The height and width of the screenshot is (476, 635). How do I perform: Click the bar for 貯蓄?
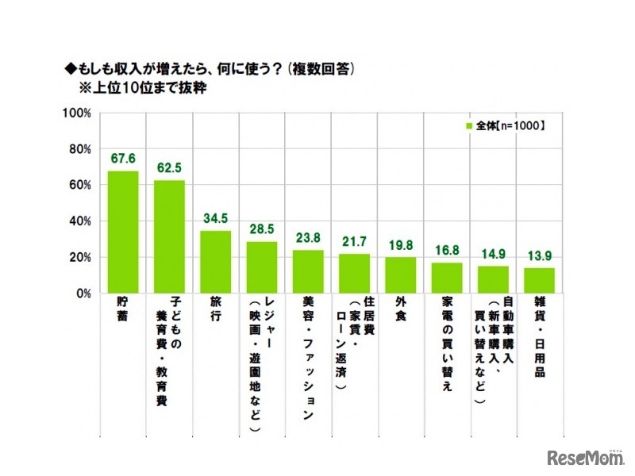pyautogui.click(x=123, y=232)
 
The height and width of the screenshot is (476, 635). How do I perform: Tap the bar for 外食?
pyautogui.click(x=401, y=275)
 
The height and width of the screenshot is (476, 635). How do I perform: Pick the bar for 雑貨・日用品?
pyautogui.click(x=539, y=280)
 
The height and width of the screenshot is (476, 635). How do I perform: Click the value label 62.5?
pyautogui.click(x=169, y=168)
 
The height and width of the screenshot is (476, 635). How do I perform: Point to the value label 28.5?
pyautogui.click(x=261, y=229)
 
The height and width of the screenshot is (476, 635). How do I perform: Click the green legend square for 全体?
pyautogui.click(x=468, y=126)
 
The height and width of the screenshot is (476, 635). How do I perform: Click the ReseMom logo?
pyautogui.click(x=587, y=457)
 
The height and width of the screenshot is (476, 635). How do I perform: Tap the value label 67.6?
pyautogui.click(x=123, y=159)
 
